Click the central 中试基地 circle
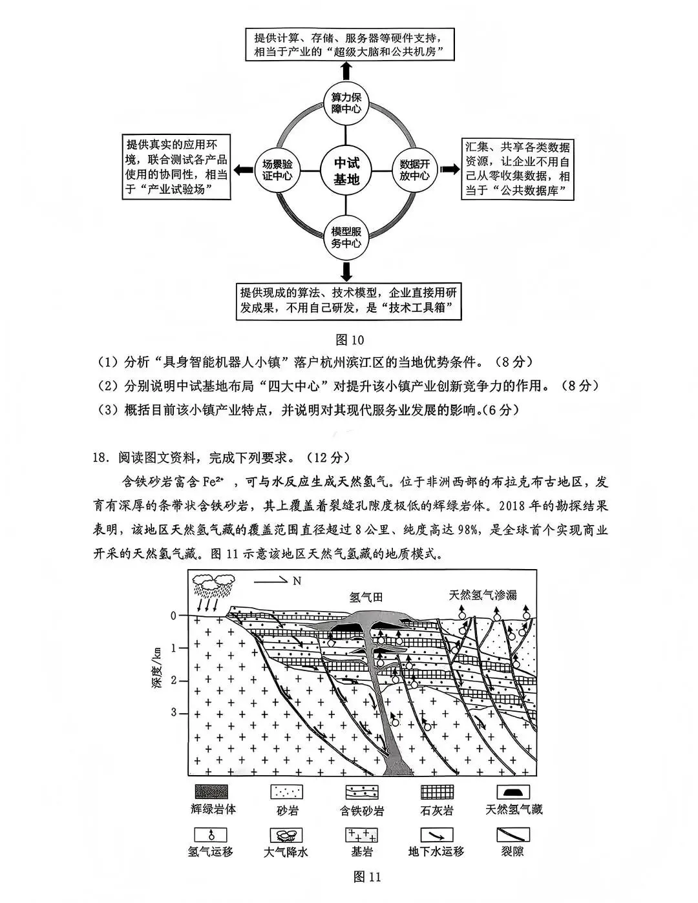point(346,171)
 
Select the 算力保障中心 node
point(346,103)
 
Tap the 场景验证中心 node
point(277,169)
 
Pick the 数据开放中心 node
point(414,170)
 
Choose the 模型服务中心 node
point(346,238)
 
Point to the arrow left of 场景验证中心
point(244,170)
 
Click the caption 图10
point(351,340)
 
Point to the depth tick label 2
point(173,680)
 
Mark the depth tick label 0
point(173,615)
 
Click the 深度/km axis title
point(158,665)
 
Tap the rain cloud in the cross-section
point(213,587)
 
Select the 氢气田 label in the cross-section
point(366,597)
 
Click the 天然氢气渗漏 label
point(483,595)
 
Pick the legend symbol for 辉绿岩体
point(211,792)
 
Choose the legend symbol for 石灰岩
point(437,792)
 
